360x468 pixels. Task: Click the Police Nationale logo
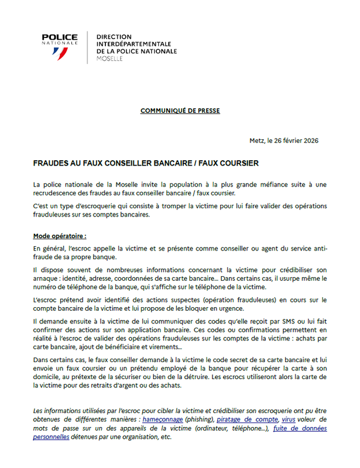point(60,45)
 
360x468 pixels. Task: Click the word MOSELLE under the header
point(110,59)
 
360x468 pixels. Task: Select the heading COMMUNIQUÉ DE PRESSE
point(180,110)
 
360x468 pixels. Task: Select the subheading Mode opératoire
point(60,236)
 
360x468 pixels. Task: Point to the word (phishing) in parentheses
point(199,419)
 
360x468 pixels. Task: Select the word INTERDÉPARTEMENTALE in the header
point(133,44)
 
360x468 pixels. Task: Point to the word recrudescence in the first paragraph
point(58,192)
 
